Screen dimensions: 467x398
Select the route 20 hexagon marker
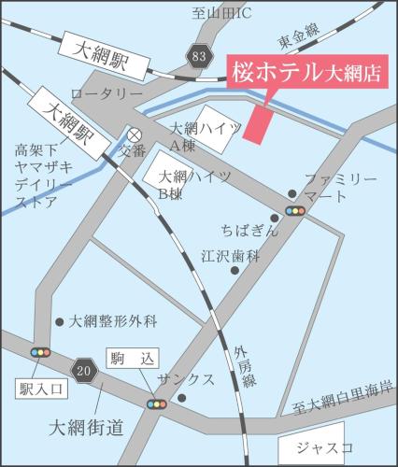click(x=85, y=372)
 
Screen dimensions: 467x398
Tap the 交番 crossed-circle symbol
click(x=135, y=134)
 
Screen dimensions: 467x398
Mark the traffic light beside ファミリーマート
click(x=295, y=211)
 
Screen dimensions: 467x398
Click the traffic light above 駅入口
click(x=40, y=352)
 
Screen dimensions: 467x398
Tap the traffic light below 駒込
click(x=156, y=404)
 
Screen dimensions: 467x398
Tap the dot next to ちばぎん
click(x=275, y=218)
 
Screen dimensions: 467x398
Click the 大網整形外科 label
click(x=113, y=321)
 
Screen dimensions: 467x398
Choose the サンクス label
click(x=186, y=379)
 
